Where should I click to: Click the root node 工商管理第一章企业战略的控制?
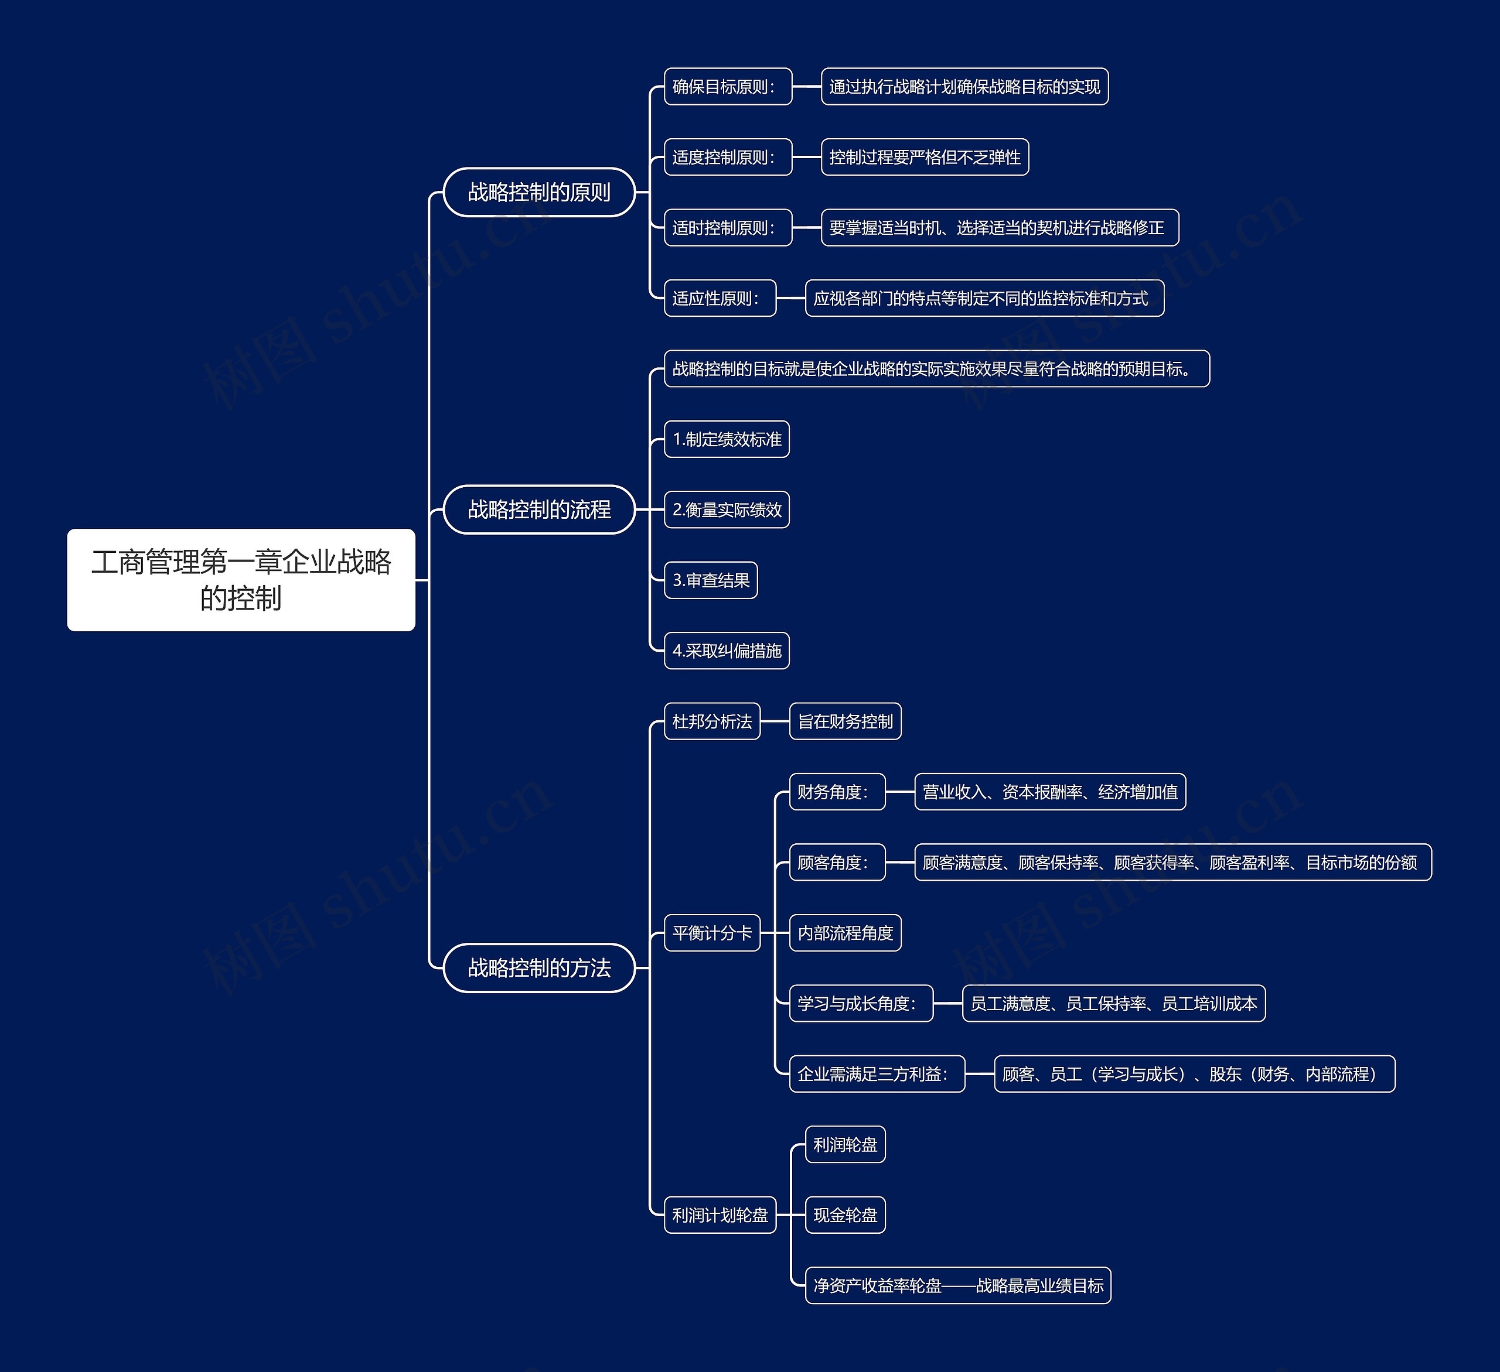tap(241, 580)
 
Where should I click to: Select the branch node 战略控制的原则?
tap(538, 193)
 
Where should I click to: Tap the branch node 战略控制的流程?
tap(538, 509)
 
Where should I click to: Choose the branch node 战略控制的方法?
tap(538, 967)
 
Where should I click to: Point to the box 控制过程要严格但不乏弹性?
tap(924, 158)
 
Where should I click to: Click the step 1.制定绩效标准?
tap(726, 440)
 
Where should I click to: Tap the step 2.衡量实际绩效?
tap(726, 509)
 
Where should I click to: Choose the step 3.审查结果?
tap(711, 580)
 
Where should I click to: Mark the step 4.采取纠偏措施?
tap(726, 651)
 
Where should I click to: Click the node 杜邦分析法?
tap(711, 721)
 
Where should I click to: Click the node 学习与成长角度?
tap(860, 1003)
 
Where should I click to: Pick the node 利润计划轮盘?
tap(720, 1215)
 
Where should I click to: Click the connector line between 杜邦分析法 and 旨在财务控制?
tap(775, 721)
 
